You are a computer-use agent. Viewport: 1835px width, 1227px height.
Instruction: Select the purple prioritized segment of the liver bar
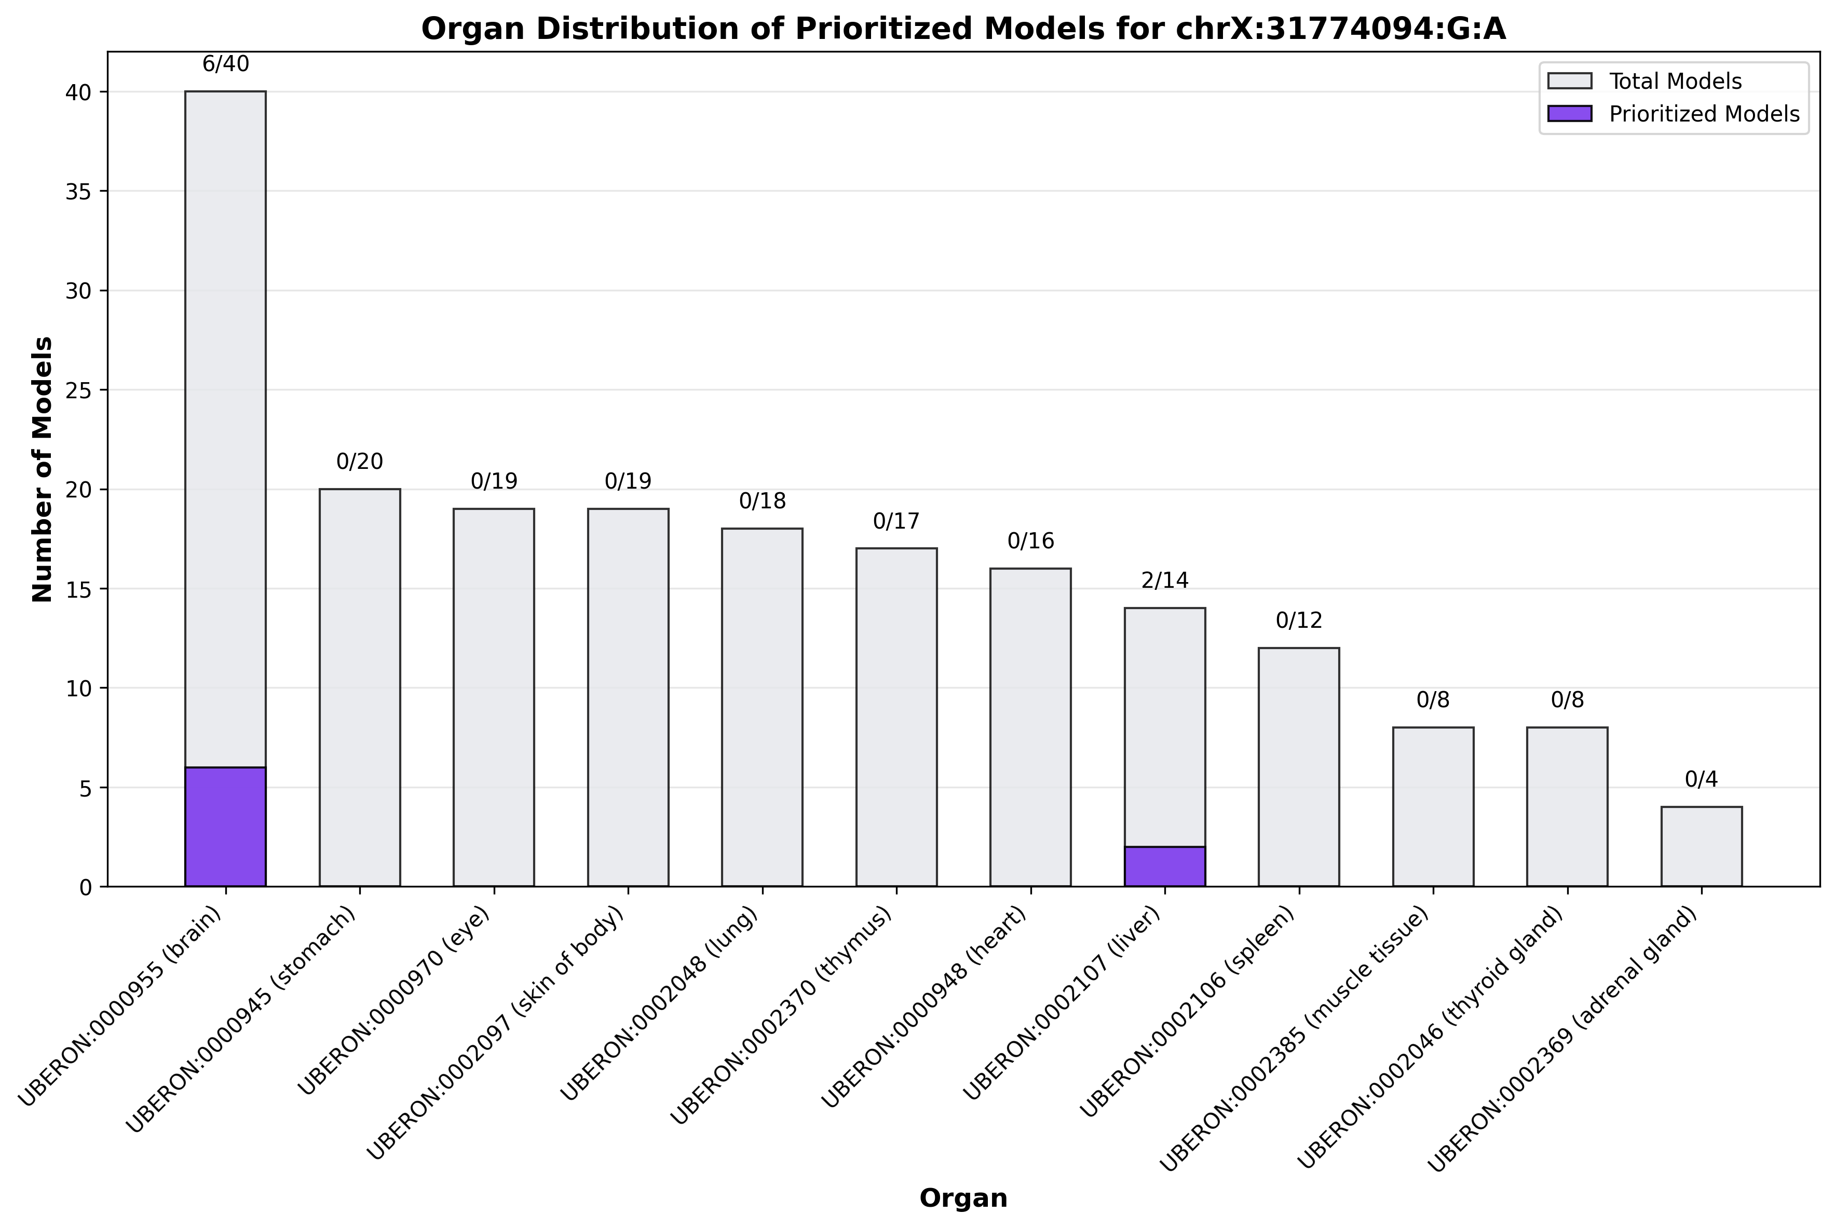pyautogui.click(x=1165, y=866)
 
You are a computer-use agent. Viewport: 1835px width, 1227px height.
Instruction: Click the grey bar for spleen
pyautogui.click(x=1298, y=767)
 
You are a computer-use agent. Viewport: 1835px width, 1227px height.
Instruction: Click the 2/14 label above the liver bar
pyautogui.click(x=1165, y=581)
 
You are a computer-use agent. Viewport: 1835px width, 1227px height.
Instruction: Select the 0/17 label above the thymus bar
pyautogui.click(x=896, y=521)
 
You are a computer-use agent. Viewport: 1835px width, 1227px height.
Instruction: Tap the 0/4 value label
pyautogui.click(x=1701, y=779)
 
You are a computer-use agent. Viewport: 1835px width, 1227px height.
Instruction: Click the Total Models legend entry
pyautogui.click(x=1675, y=82)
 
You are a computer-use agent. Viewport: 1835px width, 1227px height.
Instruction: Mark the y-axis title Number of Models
pyautogui.click(x=43, y=469)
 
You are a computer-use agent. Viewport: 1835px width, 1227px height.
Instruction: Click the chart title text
pyautogui.click(x=963, y=29)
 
